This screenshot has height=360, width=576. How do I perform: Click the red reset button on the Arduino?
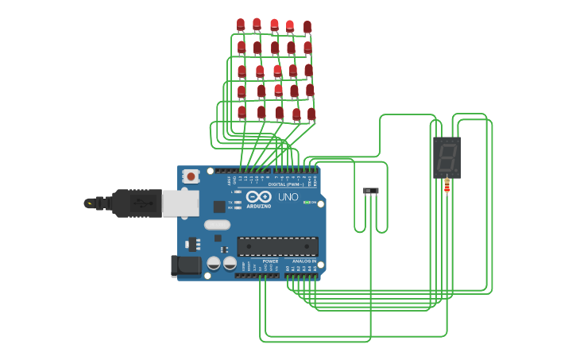(191, 176)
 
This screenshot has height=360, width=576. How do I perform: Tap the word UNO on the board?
(288, 197)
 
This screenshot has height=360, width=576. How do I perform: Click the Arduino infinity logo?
(259, 196)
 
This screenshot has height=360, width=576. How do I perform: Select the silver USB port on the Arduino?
(180, 203)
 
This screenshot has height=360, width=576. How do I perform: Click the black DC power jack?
(186, 265)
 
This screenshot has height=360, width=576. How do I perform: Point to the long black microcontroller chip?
(277, 246)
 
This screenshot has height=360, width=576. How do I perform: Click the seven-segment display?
(446, 157)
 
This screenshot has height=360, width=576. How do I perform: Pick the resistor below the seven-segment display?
(446, 186)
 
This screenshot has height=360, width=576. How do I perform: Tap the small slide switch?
(370, 191)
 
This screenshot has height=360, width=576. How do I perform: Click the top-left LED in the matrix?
(241, 25)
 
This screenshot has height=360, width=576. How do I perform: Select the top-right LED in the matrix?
(307, 27)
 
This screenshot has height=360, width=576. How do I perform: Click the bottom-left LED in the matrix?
(242, 112)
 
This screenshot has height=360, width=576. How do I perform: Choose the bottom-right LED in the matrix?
(311, 114)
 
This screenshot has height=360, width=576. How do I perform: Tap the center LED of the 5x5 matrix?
(276, 71)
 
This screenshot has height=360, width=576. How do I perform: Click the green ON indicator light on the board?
(307, 203)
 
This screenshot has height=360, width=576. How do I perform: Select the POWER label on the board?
(270, 261)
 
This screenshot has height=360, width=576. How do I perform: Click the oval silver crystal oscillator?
(217, 225)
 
